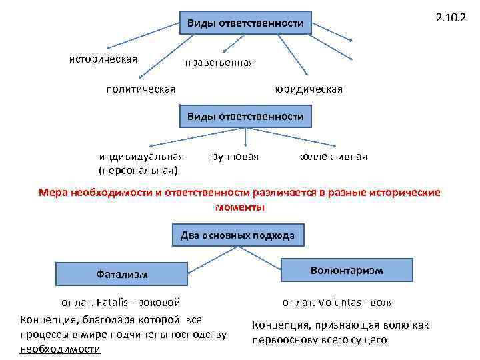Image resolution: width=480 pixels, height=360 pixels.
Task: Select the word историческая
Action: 103,59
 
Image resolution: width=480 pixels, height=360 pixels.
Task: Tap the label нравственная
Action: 220,63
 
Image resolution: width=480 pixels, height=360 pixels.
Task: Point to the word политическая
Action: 141,88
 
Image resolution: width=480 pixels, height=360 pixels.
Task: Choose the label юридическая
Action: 309,88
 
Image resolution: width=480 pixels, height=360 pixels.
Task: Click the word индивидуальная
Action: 141,157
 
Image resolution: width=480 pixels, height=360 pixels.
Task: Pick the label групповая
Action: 233,157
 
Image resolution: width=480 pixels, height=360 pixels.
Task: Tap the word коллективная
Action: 333,157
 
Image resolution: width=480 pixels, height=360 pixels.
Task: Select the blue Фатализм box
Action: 122,274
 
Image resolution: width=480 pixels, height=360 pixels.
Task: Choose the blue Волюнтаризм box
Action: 347,270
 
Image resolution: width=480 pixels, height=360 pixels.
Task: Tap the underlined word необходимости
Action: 61,349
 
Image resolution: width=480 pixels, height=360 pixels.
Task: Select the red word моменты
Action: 240,207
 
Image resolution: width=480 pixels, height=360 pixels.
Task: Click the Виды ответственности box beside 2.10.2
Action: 245,24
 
